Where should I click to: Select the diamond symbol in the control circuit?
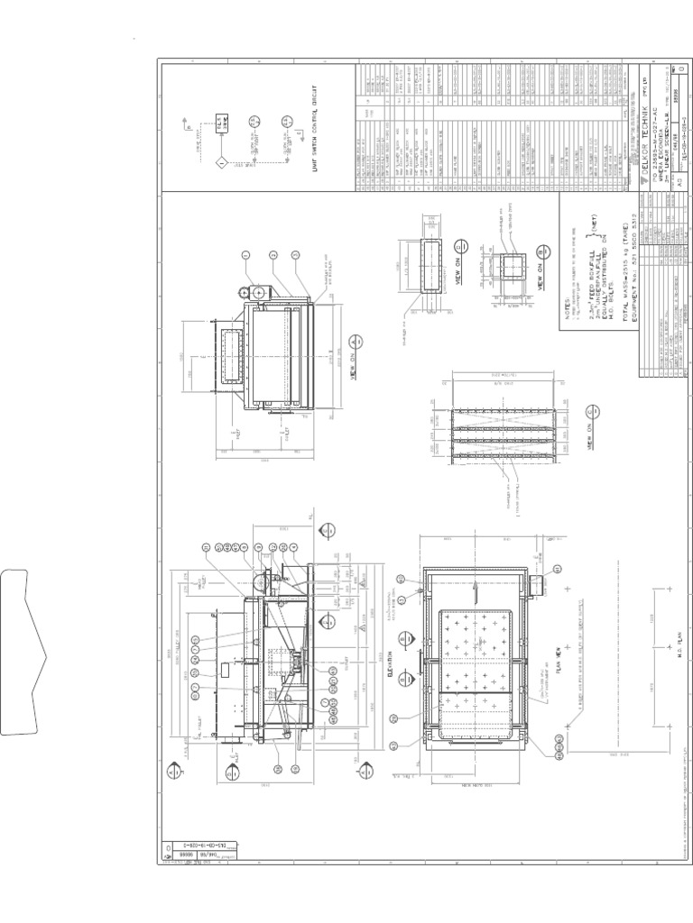[x=220, y=163]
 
